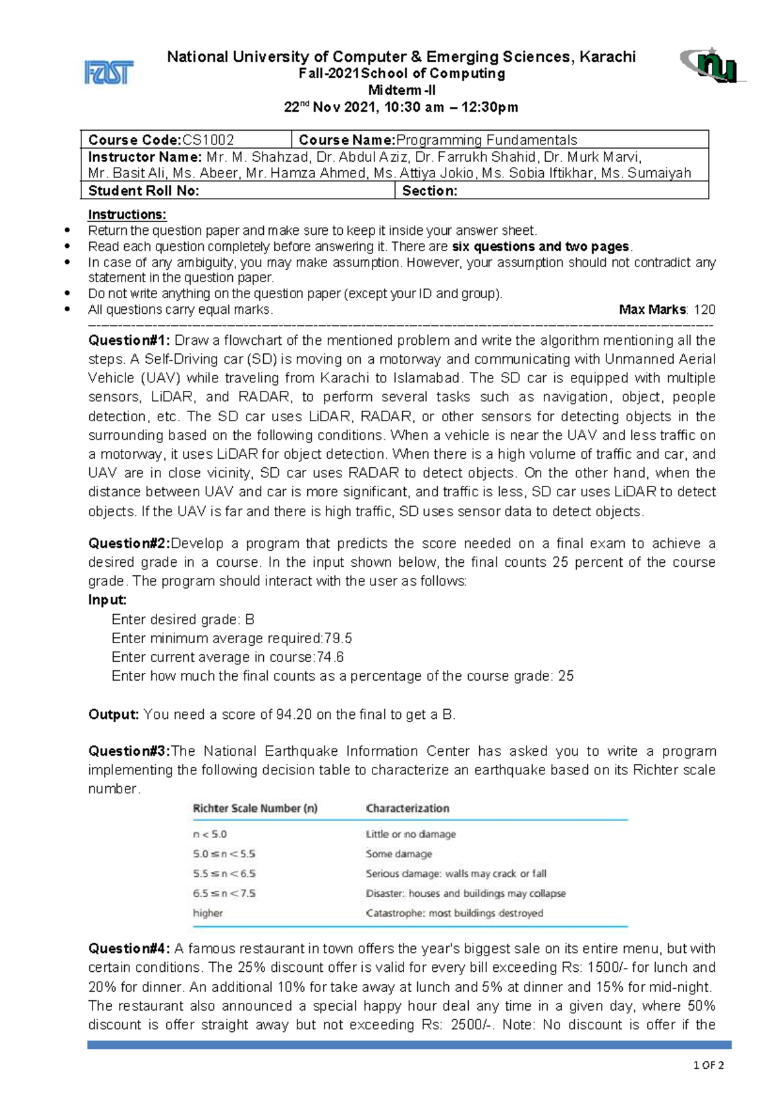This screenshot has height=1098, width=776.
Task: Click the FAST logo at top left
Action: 109,72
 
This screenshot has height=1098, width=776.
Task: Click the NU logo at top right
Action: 713,65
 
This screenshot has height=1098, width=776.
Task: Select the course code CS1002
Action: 208,140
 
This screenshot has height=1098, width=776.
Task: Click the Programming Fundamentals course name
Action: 486,140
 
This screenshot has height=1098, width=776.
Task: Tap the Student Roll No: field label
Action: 144,190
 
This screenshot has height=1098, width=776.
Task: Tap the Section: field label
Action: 429,190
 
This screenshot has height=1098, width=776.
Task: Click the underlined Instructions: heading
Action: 127,214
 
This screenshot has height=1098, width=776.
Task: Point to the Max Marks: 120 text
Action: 667,309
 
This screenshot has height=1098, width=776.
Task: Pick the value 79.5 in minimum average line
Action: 338,639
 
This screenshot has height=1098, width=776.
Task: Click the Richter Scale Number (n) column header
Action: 255,808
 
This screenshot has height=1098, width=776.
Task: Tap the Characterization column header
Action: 407,808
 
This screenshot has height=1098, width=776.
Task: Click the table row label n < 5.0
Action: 210,835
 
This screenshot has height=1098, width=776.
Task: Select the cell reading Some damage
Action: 399,854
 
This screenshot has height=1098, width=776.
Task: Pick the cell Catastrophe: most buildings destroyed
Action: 455,913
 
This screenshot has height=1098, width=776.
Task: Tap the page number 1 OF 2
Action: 708,1065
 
